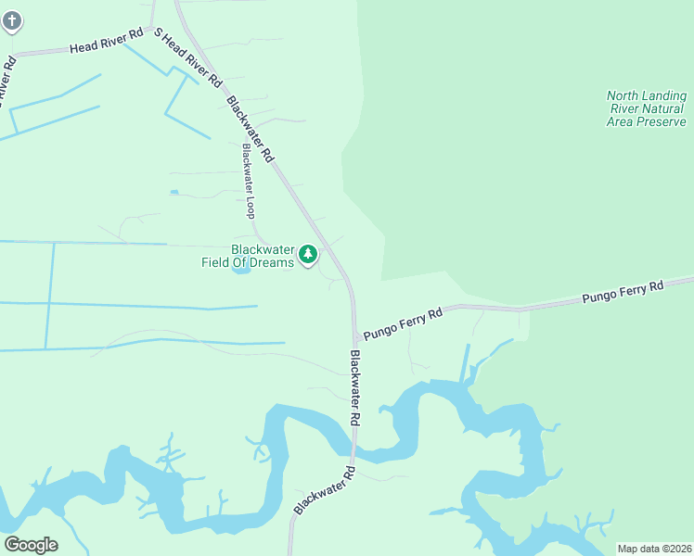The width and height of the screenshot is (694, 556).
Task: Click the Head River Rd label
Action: [107, 41]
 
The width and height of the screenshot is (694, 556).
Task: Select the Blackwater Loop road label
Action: [248, 180]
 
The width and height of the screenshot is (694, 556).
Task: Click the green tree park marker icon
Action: [308, 254]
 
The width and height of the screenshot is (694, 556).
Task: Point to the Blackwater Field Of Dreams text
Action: [248, 256]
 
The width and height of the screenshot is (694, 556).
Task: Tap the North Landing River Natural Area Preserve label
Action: [647, 108]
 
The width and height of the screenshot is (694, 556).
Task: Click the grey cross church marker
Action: [11, 20]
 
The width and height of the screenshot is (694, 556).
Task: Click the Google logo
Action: [31, 544]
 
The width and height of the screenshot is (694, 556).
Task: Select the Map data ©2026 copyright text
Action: [653, 549]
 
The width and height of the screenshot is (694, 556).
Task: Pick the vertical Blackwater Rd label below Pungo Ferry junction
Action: [355, 387]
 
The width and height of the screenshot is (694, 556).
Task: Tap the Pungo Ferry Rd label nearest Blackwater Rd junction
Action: [403, 322]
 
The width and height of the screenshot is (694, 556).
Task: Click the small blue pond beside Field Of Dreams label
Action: [240, 270]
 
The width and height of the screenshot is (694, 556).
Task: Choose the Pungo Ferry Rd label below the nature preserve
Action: [623, 293]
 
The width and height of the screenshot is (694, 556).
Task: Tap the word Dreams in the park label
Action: [276, 262]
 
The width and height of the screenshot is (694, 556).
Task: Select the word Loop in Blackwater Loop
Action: [250, 205]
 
